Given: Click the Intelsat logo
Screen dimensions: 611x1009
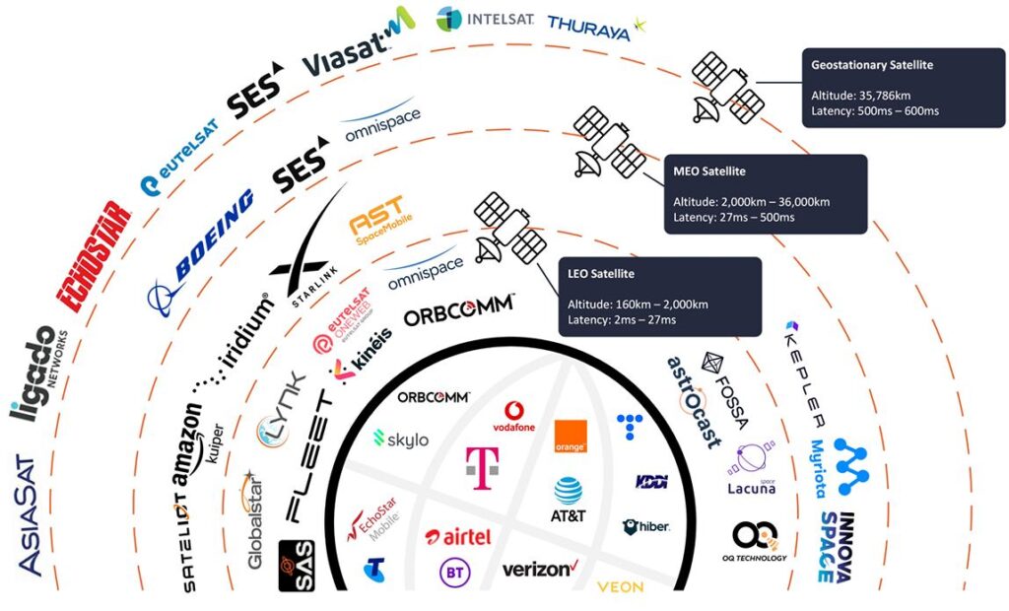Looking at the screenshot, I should click(x=485, y=19).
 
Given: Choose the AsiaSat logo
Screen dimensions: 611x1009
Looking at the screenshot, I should click(x=29, y=512).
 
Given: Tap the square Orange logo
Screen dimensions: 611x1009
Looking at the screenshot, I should click(x=571, y=437).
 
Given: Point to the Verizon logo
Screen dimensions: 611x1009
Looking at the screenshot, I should click(x=538, y=569).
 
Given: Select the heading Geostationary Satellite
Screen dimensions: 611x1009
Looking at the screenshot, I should click(x=871, y=65).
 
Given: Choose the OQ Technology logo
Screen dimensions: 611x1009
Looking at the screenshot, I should click(x=760, y=541).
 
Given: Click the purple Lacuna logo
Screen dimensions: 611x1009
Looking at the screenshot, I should click(x=751, y=468).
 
